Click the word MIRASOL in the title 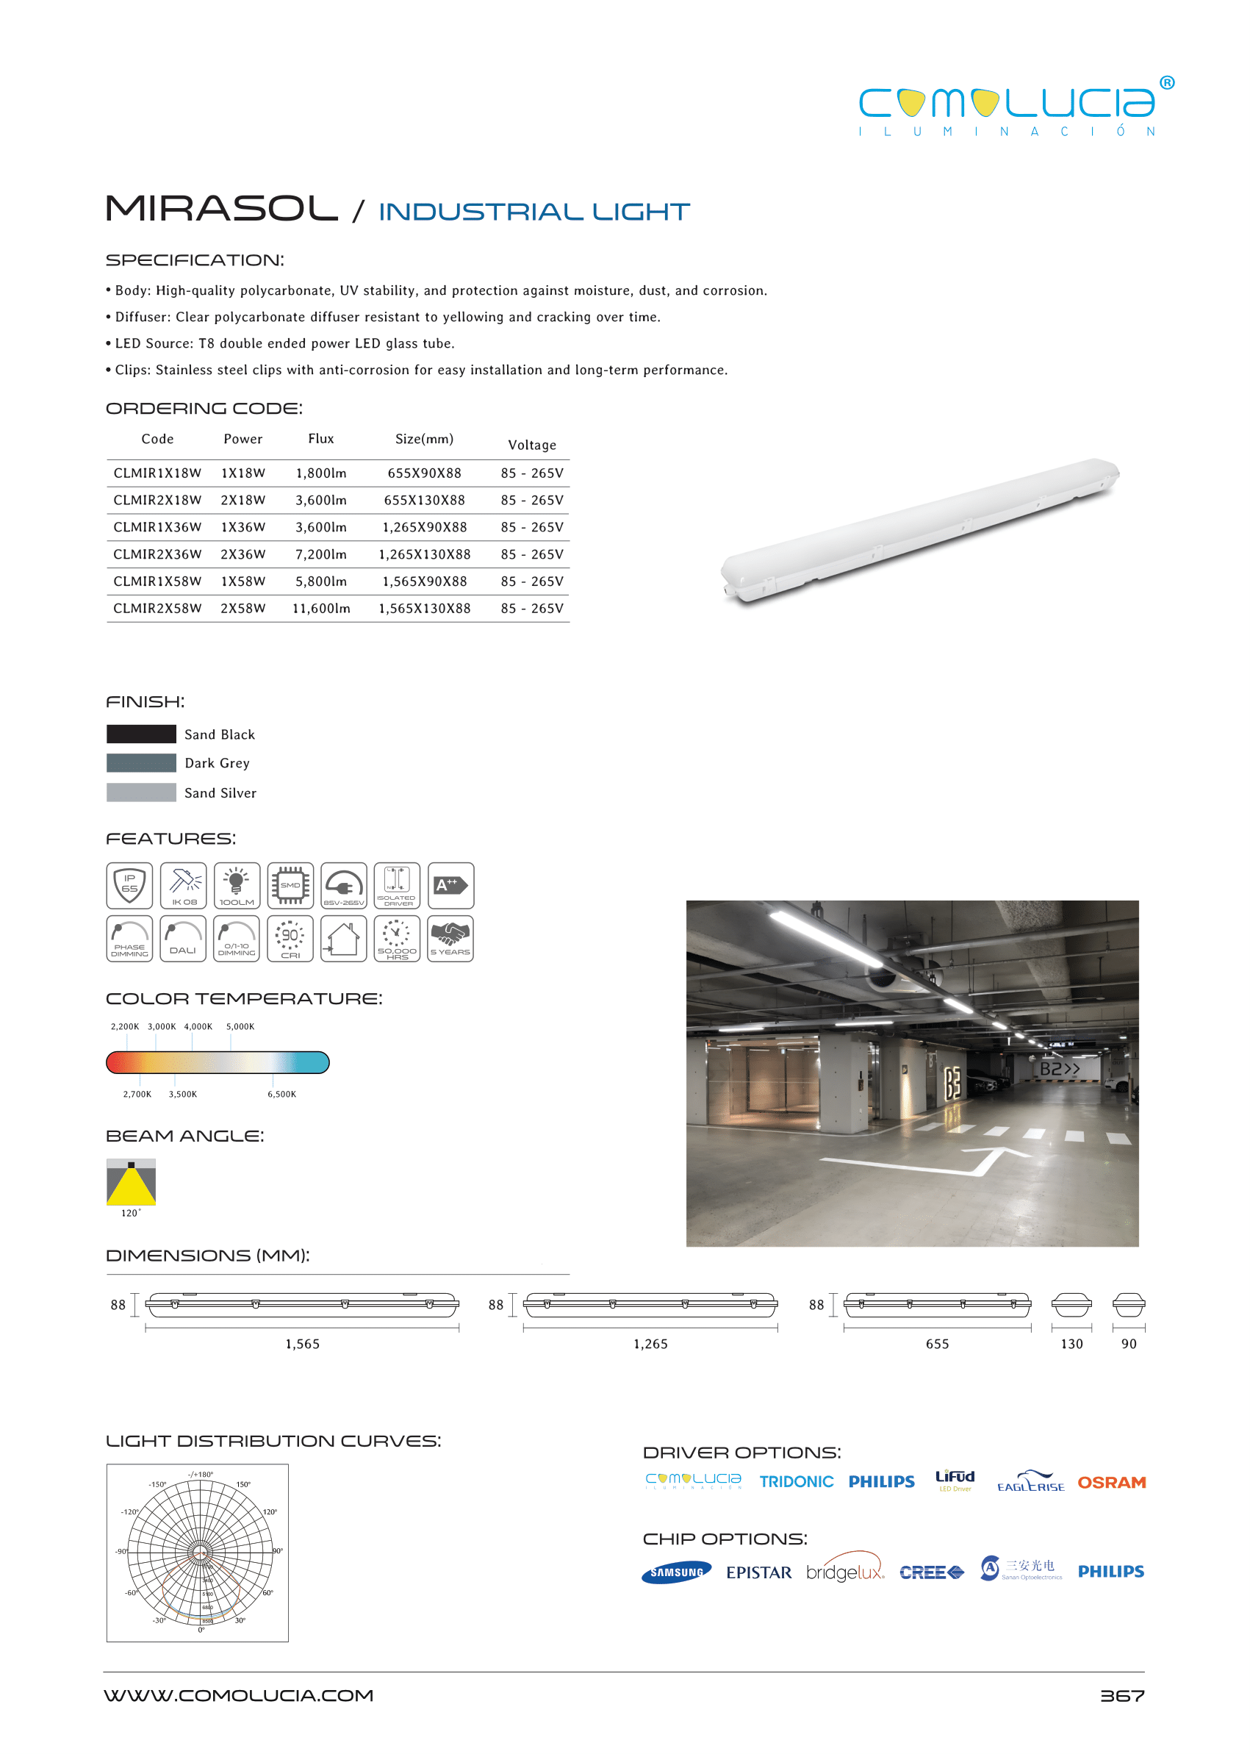[222, 209]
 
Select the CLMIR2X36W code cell [157, 554]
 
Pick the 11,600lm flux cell [321, 608]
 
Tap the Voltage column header [532, 445]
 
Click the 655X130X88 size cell [424, 501]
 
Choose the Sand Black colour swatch [142, 734]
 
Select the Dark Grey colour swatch [142, 763]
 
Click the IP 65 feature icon [129, 886]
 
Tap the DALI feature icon [183, 939]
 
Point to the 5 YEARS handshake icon [450, 939]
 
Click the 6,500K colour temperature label [281, 1094]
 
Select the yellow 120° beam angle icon [131, 1182]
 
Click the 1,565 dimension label [303, 1344]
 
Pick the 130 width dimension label [1071, 1344]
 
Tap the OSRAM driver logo [1111, 1482]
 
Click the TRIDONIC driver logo [796, 1481]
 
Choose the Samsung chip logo [676, 1572]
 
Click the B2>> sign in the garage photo [1060, 1069]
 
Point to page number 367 [1121, 1695]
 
